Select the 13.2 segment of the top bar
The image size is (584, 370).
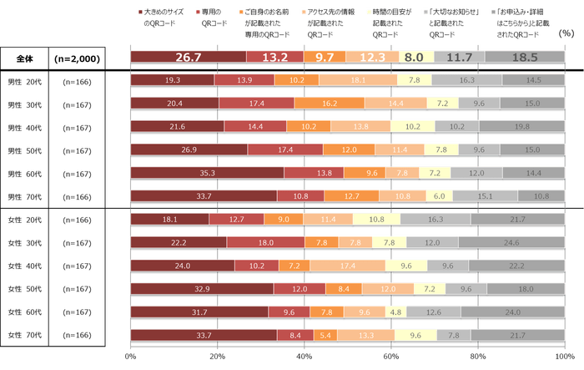click(x=275, y=57)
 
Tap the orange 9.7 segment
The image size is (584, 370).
click(x=325, y=57)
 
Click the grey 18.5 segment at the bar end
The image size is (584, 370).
click(x=524, y=57)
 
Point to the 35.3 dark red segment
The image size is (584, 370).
click(x=207, y=172)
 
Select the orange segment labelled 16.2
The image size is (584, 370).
click(x=329, y=103)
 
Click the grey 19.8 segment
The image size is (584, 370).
click(x=522, y=126)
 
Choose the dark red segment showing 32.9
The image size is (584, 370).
click(x=202, y=288)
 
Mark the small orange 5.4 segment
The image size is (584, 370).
click(x=325, y=335)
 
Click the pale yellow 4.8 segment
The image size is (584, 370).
click(x=395, y=312)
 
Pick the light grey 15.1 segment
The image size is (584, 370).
click(x=486, y=195)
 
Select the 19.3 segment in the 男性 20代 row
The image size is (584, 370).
click(x=173, y=80)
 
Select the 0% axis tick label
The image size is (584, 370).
click(x=131, y=357)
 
